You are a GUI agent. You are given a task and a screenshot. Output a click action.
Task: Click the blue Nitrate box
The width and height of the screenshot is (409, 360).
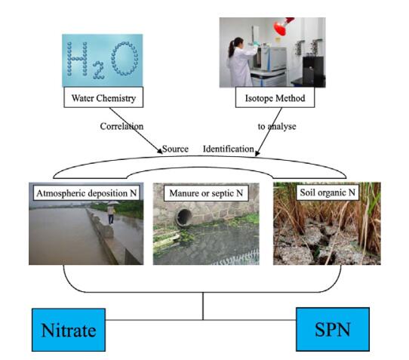click(69, 330)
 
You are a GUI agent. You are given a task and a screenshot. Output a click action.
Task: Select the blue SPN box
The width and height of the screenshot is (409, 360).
click(333, 329)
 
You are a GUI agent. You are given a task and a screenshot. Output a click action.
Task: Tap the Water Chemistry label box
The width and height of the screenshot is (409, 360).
click(103, 97)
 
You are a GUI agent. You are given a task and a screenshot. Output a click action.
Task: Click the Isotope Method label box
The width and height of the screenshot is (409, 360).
click(275, 97)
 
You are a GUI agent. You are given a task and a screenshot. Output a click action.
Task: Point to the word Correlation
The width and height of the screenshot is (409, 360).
click(121, 126)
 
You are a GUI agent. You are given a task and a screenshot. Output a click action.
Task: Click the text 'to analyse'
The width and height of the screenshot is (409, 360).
click(277, 127)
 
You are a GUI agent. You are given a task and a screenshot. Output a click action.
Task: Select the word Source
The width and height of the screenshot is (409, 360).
click(175, 149)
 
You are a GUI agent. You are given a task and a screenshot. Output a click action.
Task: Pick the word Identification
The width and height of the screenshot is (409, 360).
click(229, 149)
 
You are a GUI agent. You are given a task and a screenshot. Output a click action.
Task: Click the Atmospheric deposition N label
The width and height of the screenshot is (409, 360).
click(86, 193)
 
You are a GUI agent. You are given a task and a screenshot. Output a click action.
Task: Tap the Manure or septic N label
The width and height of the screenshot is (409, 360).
click(206, 193)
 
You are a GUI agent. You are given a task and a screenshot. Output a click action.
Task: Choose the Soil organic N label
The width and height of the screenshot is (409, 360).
click(328, 192)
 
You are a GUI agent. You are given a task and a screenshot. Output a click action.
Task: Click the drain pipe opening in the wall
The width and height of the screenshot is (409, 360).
click(184, 217)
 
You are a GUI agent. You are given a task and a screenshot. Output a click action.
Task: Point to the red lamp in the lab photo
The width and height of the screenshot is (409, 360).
click(283, 26)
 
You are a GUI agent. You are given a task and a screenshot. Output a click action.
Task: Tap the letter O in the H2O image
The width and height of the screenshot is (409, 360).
click(125, 59)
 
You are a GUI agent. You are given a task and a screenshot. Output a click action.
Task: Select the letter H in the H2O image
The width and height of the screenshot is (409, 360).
click(77, 59)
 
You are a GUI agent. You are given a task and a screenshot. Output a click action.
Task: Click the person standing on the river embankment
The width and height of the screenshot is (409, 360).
click(111, 213)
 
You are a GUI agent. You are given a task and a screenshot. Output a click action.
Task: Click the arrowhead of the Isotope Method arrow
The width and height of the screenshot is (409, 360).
click(257, 153)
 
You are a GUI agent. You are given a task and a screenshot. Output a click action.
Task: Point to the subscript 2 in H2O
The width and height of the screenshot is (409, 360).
click(99, 70)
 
